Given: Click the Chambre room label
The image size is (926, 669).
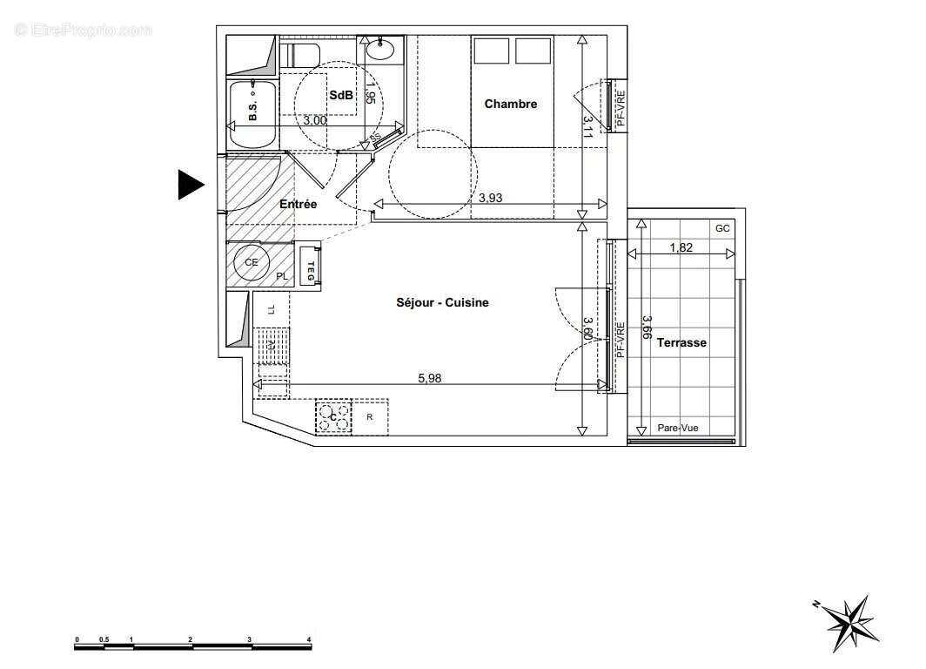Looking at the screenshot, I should pos(511,104).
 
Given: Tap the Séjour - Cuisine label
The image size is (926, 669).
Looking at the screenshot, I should pos(442,302).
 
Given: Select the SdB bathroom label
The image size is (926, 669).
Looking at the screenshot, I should pos(340,97).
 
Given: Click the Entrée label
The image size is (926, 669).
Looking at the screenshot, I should pos(298,204).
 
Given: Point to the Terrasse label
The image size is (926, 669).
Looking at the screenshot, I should pos(681,342).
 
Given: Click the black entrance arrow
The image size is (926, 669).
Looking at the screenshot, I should pos(190,184).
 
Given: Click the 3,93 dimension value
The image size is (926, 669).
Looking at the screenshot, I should pos(491,198).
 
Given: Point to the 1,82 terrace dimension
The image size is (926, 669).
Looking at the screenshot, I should pos(681,248).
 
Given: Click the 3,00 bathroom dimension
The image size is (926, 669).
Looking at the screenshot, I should pos(314,121).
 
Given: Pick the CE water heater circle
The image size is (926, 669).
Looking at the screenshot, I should pos(252,262).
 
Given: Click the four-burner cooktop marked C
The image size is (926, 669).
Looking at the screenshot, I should pos(333,417).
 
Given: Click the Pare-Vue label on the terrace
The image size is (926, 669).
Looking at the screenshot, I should pos(677,428).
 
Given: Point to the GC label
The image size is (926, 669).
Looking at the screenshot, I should pos(722,228).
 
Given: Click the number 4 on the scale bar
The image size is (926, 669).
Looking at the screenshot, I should pos(310,639).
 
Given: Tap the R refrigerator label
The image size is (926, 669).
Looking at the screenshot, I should pos(370,417).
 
